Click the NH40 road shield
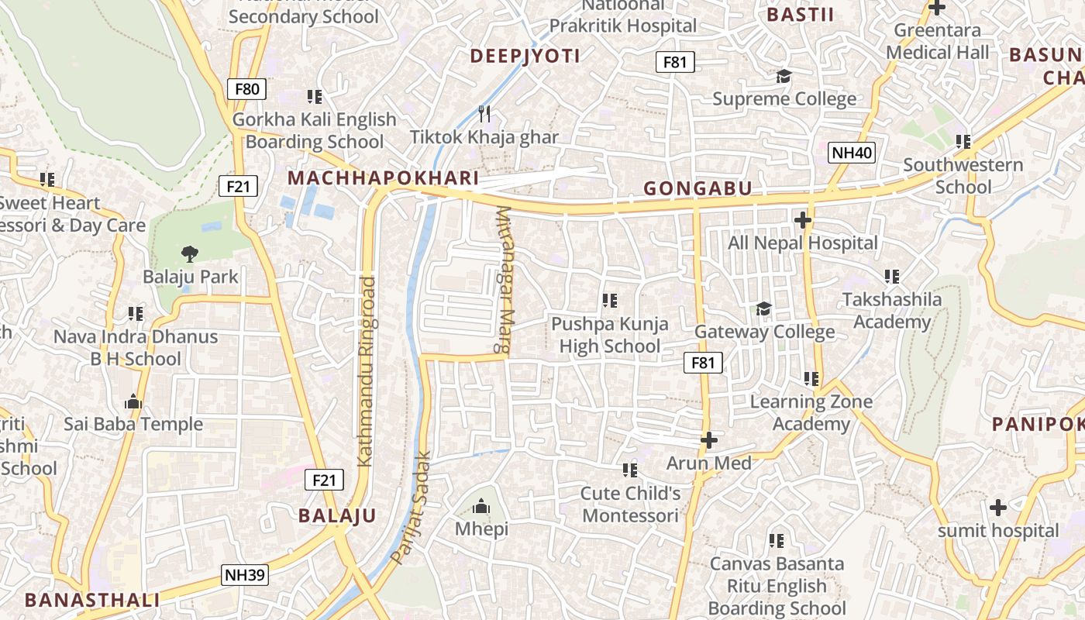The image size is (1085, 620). click(x=852, y=153)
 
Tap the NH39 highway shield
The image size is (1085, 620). click(x=245, y=575)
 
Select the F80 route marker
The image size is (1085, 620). click(x=246, y=88)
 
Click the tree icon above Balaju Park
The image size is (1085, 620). click(x=189, y=253)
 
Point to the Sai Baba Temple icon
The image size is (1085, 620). click(x=133, y=401)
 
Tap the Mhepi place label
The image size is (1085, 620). click(x=481, y=529)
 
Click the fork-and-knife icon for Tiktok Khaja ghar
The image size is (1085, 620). click(x=484, y=114)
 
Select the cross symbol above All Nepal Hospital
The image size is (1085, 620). click(x=803, y=221)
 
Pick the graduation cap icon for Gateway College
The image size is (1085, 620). click(x=763, y=309)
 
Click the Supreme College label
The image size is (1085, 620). click(x=784, y=99)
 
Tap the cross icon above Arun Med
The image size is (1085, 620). click(x=708, y=440)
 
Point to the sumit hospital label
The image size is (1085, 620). click(x=997, y=531)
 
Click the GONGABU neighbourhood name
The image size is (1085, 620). click(x=697, y=188)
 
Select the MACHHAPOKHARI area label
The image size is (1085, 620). click(x=383, y=178)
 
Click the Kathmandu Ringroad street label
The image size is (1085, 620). click(x=367, y=370)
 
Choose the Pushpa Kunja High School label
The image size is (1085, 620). click(x=610, y=335)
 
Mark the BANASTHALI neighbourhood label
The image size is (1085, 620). click(x=92, y=600)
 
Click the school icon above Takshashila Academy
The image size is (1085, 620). click(x=892, y=277)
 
